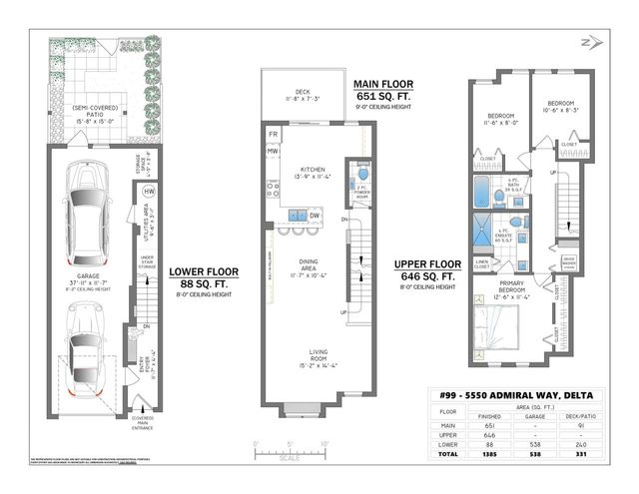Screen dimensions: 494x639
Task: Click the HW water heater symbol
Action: [149, 192]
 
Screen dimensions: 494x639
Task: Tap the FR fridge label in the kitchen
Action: [273, 133]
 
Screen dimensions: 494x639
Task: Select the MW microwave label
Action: [273, 152]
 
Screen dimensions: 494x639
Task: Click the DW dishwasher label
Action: [314, 216]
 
